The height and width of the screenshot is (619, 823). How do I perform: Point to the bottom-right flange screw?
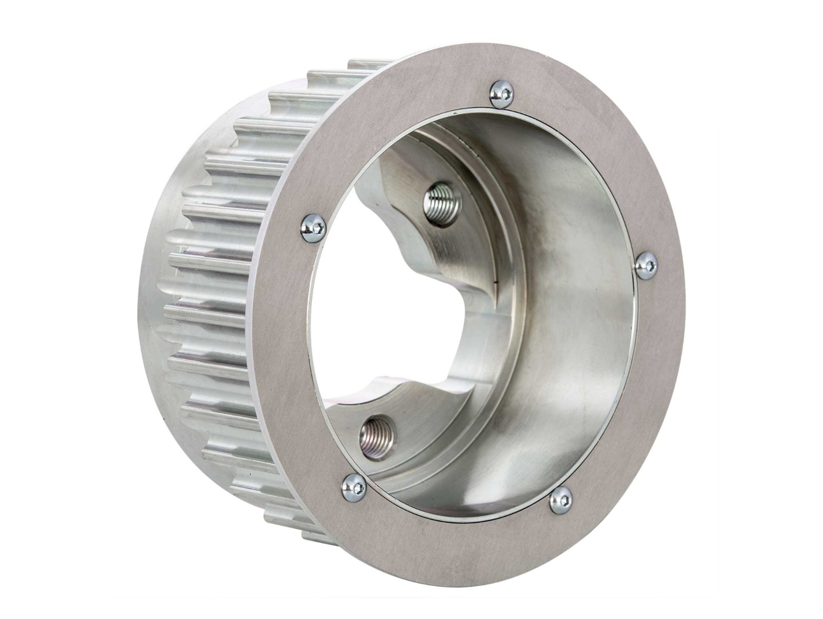pyautogui.click(x=561, y=500)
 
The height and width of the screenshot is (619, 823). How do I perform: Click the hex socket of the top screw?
pyautogui.click(x=507, y=93)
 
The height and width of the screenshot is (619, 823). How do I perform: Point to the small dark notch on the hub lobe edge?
pyautogui.click(x=495, y=282)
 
